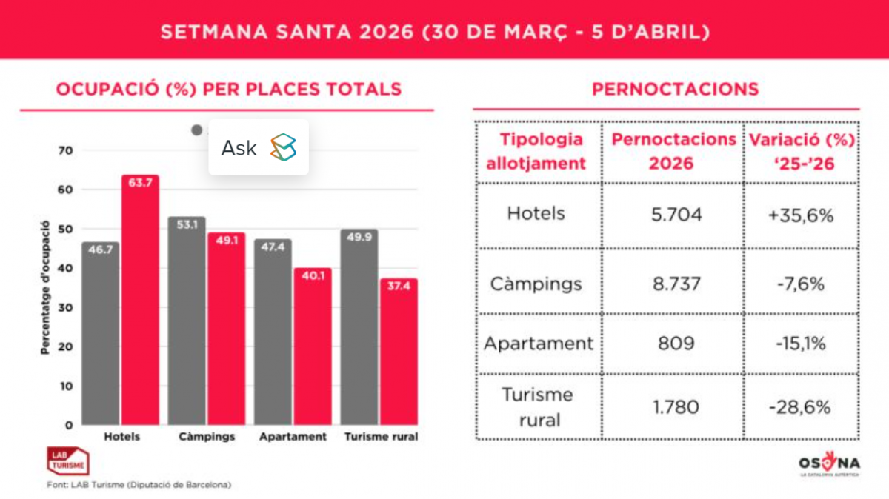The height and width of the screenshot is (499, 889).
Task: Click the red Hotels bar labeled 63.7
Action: point(140,300)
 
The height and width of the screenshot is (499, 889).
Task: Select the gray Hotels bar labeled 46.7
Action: point(101,333)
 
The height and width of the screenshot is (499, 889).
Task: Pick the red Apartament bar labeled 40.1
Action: point(312,346)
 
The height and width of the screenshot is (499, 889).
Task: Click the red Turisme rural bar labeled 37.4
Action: point(399,352)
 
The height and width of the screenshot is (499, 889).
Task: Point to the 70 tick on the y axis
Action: point(67,150)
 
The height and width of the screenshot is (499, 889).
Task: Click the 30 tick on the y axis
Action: point(67,307)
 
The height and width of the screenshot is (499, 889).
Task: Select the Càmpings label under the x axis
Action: point(207,437)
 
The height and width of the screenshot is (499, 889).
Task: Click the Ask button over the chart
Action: point(258,147)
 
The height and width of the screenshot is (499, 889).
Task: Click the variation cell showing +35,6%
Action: point(802,215)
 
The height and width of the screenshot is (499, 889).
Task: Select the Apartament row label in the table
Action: point(539,344)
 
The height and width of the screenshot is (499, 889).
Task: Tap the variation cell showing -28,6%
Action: point(800,406)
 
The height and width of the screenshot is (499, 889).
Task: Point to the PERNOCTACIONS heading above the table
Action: point(675,90)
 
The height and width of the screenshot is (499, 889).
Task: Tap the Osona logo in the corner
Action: point(828,464)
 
